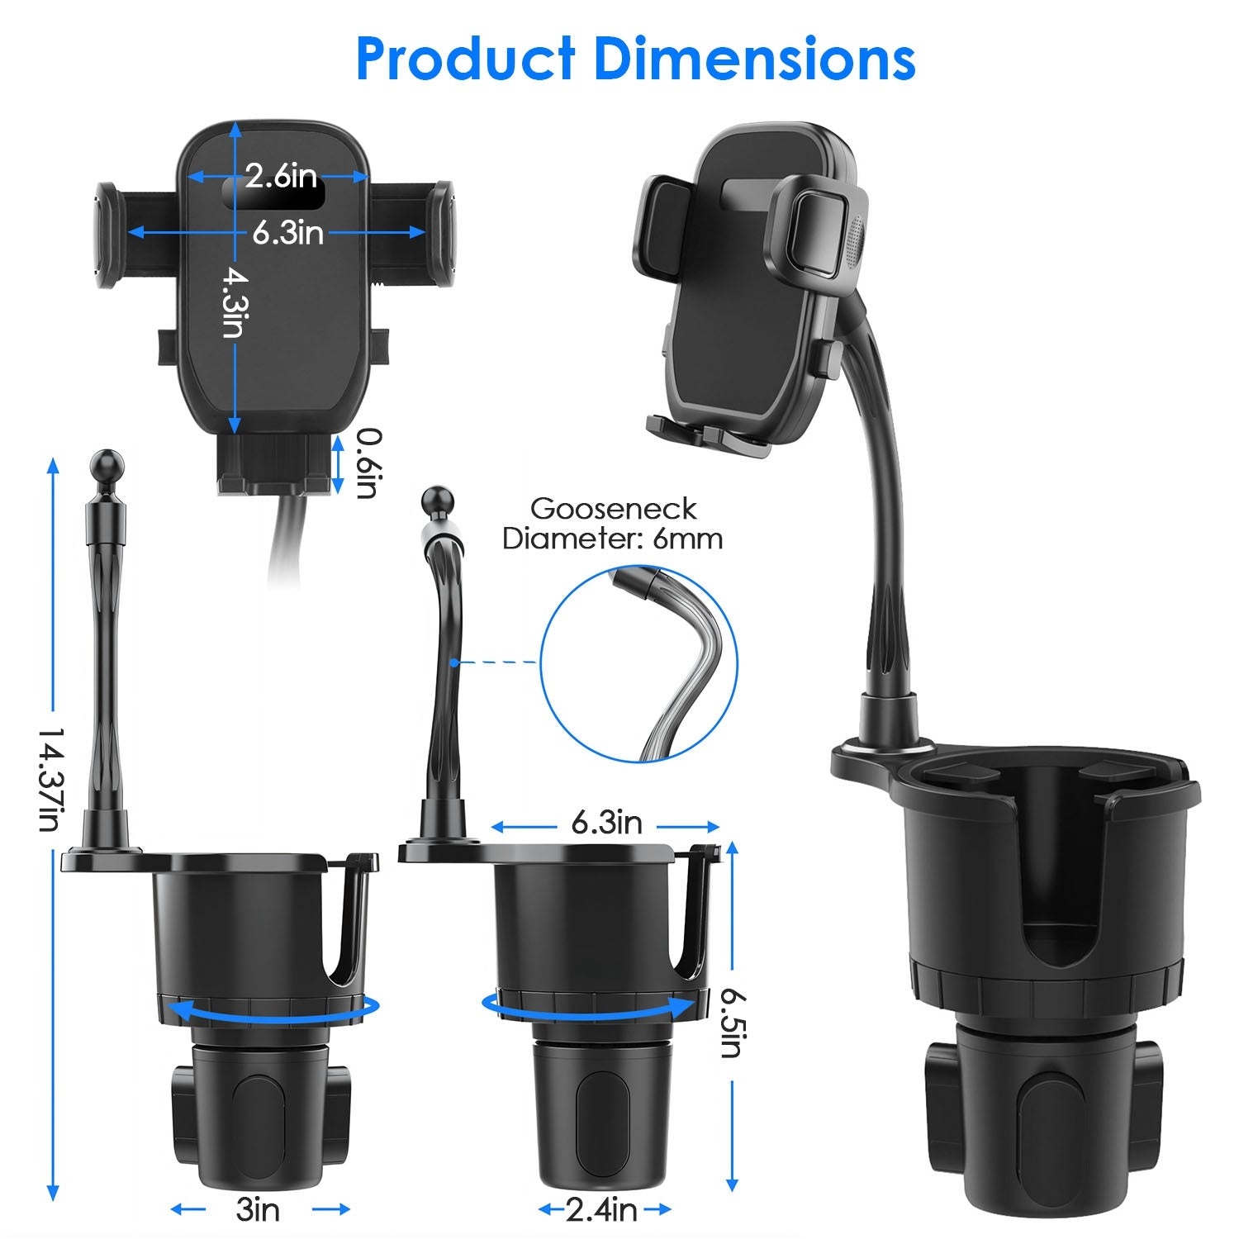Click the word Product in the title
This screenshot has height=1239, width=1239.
click(x=465, y=59)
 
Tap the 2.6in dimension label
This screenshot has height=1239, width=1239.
click(x=281, y=176)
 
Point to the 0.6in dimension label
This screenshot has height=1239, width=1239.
click(x=368, y=463)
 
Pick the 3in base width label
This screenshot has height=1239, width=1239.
click(x=258, y=1210)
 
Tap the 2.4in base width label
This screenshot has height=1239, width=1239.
click(x=601, y=1210)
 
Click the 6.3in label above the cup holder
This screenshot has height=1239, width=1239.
click(x=606, y=823)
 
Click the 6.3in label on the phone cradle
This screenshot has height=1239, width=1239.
click(x=288, y=233)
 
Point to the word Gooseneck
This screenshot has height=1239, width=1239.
click(x=613, y=508)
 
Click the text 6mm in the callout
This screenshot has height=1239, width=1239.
click(x=687, y=539)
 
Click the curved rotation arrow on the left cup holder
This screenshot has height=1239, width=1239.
click(x=268, y=1009)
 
